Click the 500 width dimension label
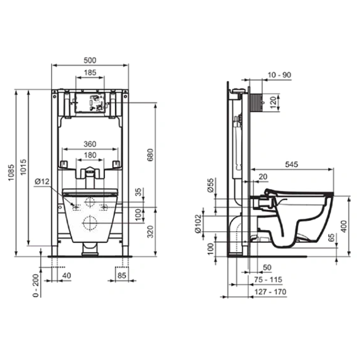coord(90,60)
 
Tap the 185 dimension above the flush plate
coord(90,72)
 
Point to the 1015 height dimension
coord(23,167)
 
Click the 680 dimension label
coord(150,155)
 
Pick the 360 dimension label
coord(90,144)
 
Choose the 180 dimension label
coord(90,155)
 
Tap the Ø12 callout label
coord(42,182)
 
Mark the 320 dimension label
coord(150,232)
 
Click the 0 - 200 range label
coord(36,286)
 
